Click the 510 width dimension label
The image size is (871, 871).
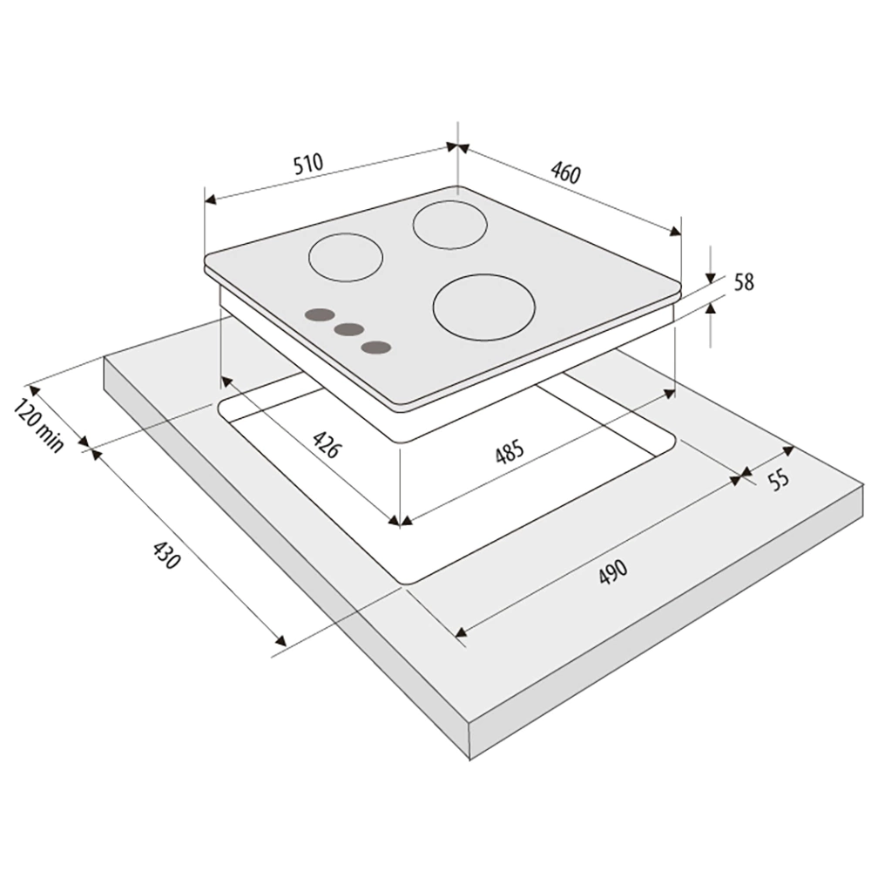[x=307, y=165]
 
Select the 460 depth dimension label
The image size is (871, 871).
[x=565, y=172]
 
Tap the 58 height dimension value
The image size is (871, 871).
[x=745, y=282]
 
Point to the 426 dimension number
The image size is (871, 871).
[x=325, y=444]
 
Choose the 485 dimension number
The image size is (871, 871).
[x=510, y=450]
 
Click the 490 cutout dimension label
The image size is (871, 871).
[x=612, y=571]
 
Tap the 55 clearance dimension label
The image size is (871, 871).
[x=780, y=478]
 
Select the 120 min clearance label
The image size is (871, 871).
[x=38, y=425]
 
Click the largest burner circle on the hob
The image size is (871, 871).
[x=483, y=307]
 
